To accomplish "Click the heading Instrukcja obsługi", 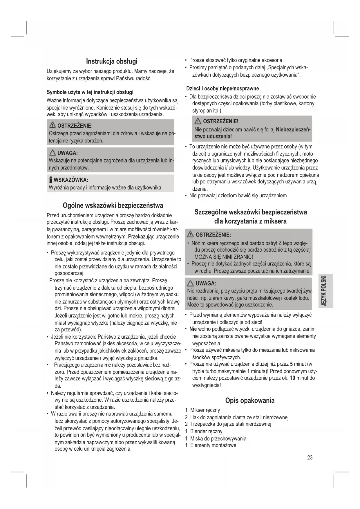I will (112, 62).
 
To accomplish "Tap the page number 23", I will (310, 458).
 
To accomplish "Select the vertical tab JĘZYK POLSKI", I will (325, 290).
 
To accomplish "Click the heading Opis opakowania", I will (250, 400).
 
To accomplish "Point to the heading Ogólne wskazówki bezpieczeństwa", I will (113, 205).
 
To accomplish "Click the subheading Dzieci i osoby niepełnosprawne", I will (222, 88).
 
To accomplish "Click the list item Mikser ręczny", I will (205, 410).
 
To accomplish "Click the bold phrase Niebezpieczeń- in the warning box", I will (293, 129).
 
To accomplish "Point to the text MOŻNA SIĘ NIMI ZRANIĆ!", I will (224, 257).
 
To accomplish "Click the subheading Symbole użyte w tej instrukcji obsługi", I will (90, 92).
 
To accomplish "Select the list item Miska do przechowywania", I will (218, 438).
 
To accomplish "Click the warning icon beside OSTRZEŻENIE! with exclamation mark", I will (198, 121).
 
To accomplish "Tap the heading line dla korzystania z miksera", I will (250, 221).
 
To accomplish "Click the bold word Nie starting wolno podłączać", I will (193, 329).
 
